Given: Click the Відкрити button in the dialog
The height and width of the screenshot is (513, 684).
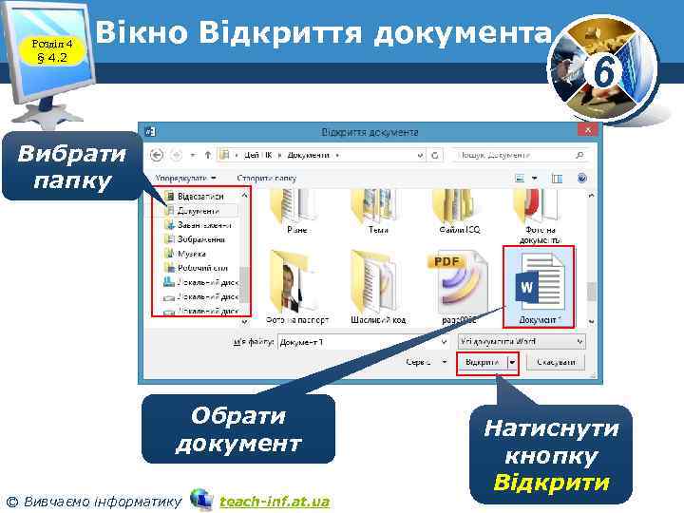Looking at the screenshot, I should point(482,363).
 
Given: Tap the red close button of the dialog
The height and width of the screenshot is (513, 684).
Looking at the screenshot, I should point(588,129).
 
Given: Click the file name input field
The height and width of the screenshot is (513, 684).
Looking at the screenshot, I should point(365,340).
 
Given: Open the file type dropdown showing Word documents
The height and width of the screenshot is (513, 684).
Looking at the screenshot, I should point(520,340).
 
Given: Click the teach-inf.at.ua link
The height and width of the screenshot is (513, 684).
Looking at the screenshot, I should point(274,501).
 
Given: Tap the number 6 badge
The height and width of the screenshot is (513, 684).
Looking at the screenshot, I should point(601,68).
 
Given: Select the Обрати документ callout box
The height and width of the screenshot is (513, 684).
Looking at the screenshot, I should point(238,429).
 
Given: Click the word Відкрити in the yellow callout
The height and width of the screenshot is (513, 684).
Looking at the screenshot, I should point(551,484).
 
